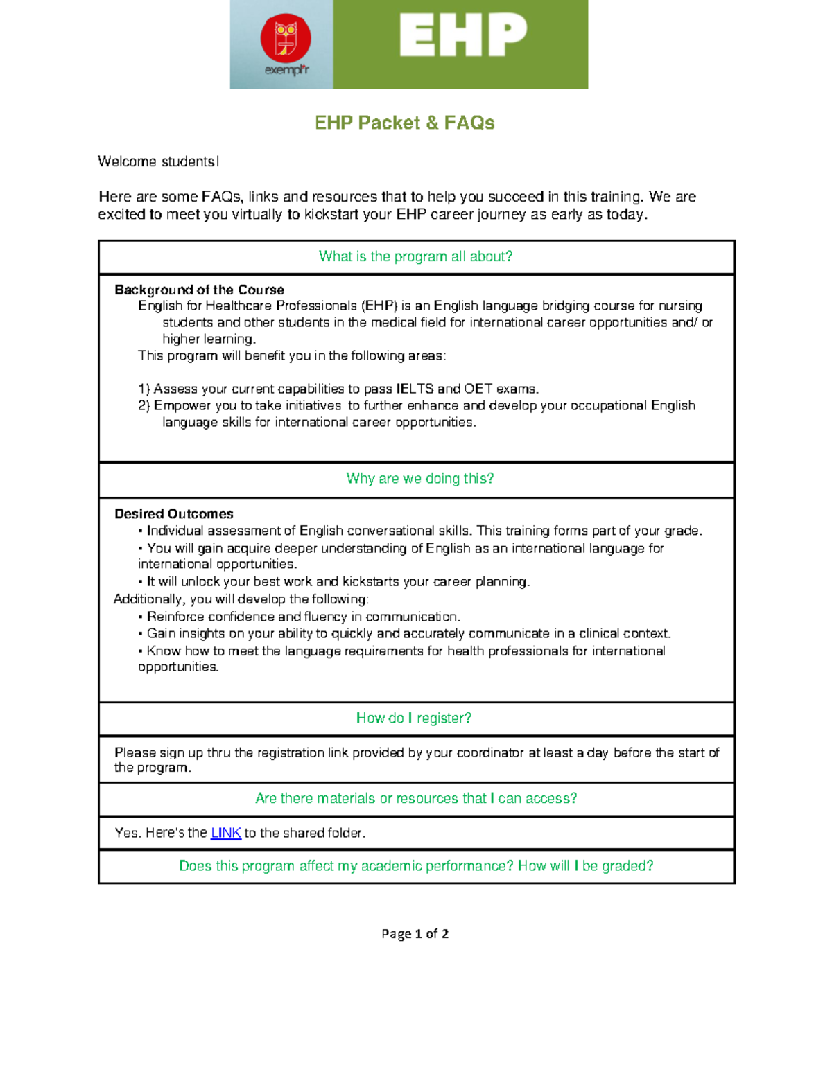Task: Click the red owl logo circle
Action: [x=286, y=37]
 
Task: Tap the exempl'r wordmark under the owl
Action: [x=286, y=70]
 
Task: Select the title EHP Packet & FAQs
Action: [x=404, y=123]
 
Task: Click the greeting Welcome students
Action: [x=158, y=161]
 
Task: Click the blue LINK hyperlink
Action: [x=225, y=833]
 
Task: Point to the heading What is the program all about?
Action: [x=415, y=256]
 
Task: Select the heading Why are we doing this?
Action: [x=419, y=479]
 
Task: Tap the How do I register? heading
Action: [x=413, y=718]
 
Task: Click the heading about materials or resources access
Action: [x=416, y=798]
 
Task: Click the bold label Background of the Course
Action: [x=199, y=290]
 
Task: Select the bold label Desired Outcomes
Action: [x=173, y=514]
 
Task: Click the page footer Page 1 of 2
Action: [x=415, y=934]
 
